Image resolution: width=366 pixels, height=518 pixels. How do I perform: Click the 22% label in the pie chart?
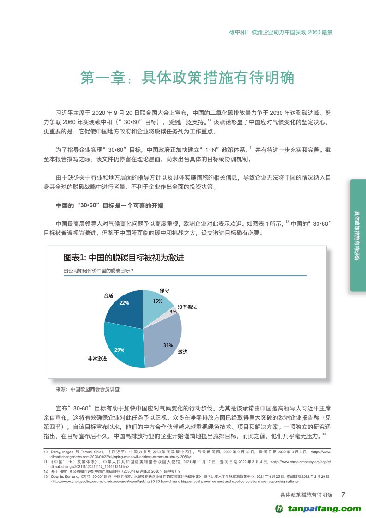[x=124, y=303]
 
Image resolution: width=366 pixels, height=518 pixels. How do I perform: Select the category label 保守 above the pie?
[x=164, y=291]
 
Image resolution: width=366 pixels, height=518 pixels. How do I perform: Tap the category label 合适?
[x=108, y=295]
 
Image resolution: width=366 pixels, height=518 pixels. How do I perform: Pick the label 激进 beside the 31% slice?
[x=183, y=352]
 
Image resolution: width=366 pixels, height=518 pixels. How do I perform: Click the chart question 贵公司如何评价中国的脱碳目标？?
[x=98, y=271]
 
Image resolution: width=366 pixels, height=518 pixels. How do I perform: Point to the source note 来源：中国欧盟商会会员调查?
[x=87, y=390]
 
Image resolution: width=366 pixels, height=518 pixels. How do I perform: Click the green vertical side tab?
[x=358, y=235]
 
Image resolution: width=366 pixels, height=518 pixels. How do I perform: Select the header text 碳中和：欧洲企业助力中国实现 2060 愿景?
[x=281, y=33]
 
